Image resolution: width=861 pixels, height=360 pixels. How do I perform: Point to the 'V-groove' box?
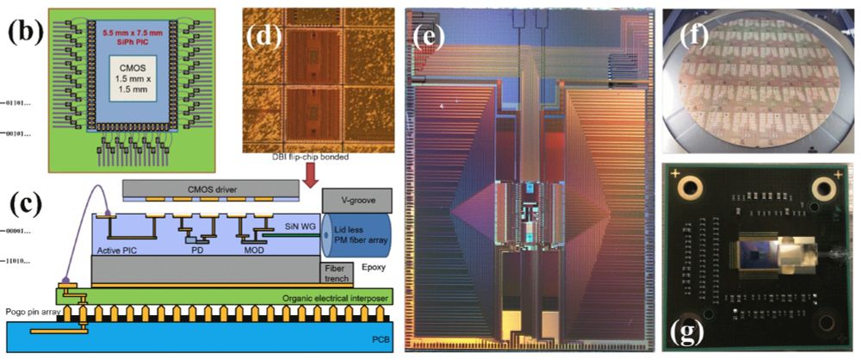click(359, 199)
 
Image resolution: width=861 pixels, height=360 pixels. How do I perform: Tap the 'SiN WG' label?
click(300, 226)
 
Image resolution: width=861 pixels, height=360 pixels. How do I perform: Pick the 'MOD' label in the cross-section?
click(253, 251)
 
